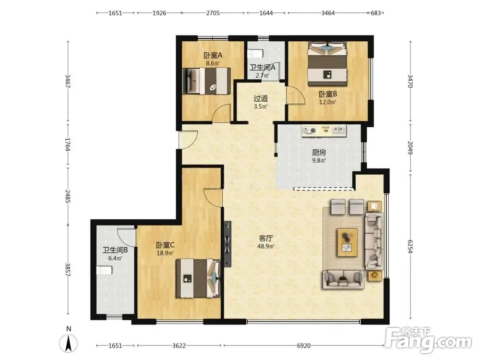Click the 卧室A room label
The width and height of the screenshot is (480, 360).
213,55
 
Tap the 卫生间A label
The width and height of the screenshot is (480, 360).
263,67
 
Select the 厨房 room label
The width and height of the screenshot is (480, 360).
319,152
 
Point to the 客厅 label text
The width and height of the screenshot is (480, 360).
265,238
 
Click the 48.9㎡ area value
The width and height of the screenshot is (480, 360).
265,246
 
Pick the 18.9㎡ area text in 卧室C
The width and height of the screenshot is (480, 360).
165,253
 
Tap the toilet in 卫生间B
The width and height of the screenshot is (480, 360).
104,271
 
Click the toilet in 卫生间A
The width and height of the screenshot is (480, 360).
255,54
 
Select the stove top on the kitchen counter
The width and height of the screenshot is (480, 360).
309,131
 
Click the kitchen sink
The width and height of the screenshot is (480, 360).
338,131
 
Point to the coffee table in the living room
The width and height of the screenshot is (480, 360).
347,242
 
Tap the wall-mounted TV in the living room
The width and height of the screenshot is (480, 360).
227,244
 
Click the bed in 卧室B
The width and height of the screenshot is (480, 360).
327,64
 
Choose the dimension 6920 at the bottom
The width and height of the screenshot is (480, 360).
303,346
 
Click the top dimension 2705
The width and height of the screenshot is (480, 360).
213,13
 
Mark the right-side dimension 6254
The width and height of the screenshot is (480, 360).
410,246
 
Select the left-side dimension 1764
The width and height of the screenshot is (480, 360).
68,144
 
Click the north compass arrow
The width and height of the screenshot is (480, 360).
69,344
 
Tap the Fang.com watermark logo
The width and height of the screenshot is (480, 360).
428,340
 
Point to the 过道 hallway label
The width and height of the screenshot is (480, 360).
261,98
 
